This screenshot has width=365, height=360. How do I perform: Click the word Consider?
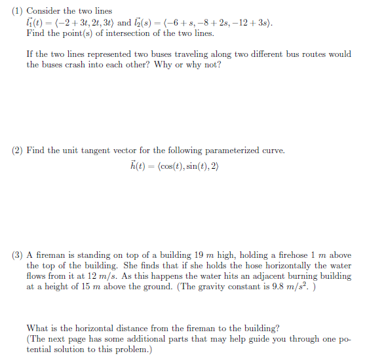click(x=46, y=11)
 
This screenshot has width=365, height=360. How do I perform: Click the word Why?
click(x=163, y=65)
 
